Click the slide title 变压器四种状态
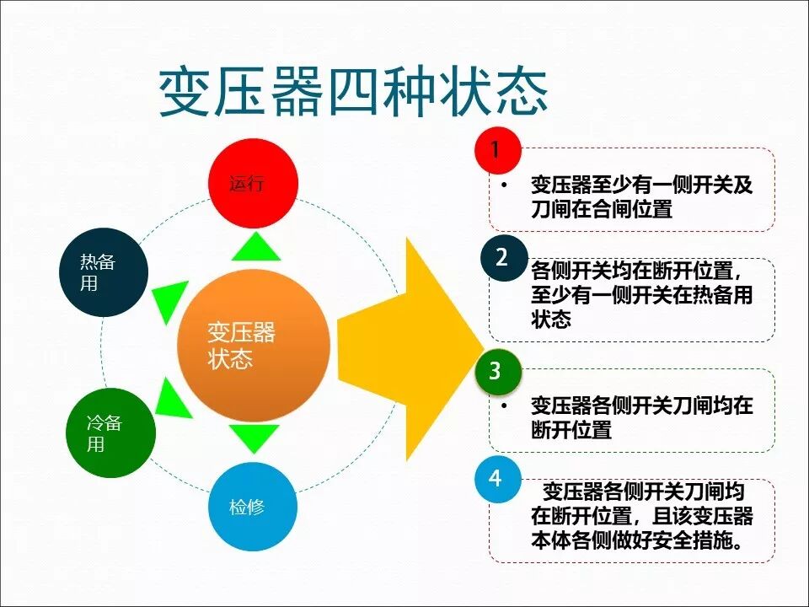pyautogui.click(x=354, y=92)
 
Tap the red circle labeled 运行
pyautogui.click(x=253, y=184)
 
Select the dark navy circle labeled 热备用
pyautogui.click(x=104, y=272)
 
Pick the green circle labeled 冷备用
pyautogui.click(x=110, y=432)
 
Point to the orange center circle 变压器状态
pyautogui.click(x=254, y=346)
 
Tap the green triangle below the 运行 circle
pyautogui.click(x=254, y=248)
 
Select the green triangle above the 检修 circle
pyautogui.click(x=254, y=438)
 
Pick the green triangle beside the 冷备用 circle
pyautogui.click(x=173, y=394)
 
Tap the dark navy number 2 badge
pyautogui.click(x=503, y=258)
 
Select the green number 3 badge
pyautogui.click(x=497, y=372)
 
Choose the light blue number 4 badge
pyautogui.click(x=496, y=480)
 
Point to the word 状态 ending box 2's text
pyautogui.click(x=551, y=320)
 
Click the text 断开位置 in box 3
pyautogui.click(x=571, y=429)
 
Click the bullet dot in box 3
pyautogui.click(x=504, y=406)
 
